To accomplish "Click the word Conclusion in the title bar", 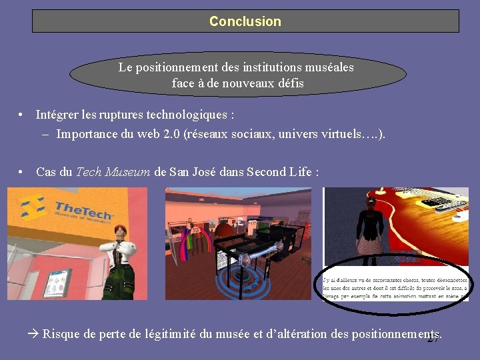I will (x=245, y=21).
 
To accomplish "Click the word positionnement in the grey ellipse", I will (x=184, y=67).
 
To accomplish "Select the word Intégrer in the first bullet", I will (x=57, y=115).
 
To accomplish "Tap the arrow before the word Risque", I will (x=35, y=333).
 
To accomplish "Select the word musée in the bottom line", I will (x=234, y=334).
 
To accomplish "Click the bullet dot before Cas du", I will (x=22, y=172).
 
